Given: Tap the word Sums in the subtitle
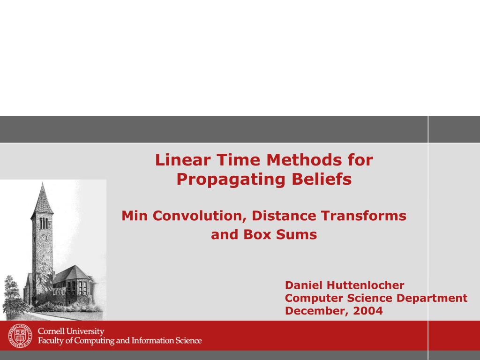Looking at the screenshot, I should (x=296, y=234).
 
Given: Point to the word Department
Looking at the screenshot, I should (x=432, y=298).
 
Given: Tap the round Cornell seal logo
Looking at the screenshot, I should (x=19, y=336).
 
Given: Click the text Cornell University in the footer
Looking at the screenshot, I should (x=71, y=331).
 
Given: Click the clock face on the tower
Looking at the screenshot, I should (x=44, y=238).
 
